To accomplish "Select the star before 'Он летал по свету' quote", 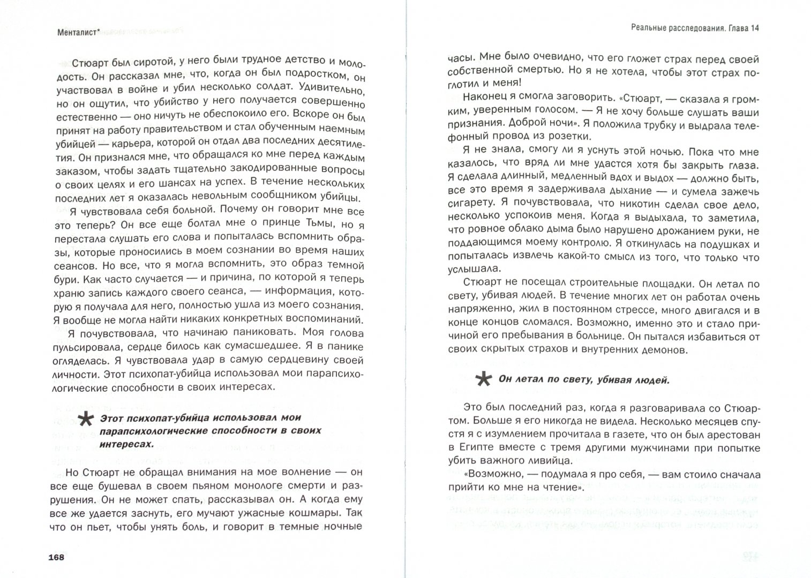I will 484,379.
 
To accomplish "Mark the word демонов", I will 658,350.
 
